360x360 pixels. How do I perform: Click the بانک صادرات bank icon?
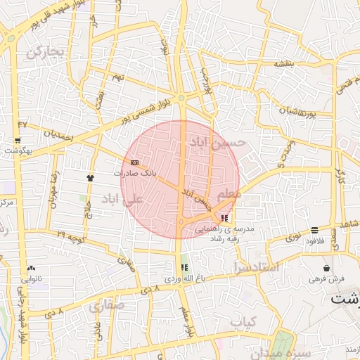click(x=135, y=163)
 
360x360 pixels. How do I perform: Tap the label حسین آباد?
click(x=219, y=143)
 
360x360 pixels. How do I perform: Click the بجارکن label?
click(x=46, y=51)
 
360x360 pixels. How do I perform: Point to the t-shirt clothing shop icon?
click(x=90, y=178)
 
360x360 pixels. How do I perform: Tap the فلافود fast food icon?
click(x=314, y=230)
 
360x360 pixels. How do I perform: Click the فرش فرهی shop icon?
click(x=326, y=268)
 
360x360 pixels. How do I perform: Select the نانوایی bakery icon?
click(x=31, y=269)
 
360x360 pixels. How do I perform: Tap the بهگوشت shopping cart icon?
click(x=17, y=141)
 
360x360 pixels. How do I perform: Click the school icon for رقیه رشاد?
click(x=224, y=218)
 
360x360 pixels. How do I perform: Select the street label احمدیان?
click(x=58, y=134)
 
